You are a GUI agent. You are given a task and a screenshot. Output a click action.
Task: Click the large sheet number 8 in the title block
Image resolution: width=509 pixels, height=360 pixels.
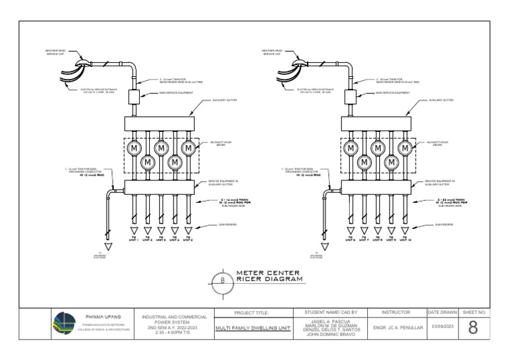point(473,328)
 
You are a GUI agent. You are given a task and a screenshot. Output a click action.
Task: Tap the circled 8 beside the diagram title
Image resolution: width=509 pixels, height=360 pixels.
point(222,280)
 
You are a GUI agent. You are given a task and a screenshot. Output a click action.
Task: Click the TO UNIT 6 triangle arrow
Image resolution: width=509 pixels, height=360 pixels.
point(350,231)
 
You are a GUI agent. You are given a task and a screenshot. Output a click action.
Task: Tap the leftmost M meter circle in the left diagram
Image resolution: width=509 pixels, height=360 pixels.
point(133,148)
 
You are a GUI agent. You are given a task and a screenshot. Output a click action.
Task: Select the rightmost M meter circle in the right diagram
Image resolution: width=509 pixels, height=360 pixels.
point(405,148)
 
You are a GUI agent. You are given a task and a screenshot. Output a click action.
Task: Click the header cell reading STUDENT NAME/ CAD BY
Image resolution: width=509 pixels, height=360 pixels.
point(330,312)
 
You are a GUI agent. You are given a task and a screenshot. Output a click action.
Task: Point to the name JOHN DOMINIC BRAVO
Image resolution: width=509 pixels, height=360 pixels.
point(330,335)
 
